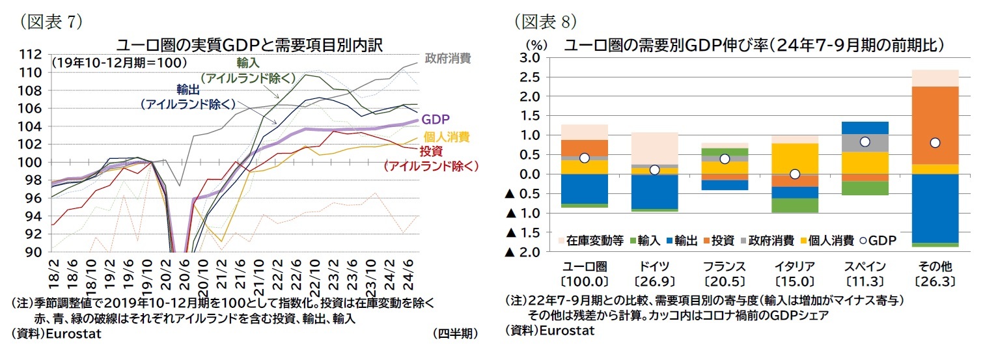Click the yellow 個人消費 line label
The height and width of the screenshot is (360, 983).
point(446,137)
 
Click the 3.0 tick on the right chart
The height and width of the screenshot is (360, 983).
point(532,58)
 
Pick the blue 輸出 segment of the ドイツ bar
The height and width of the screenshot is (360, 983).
point(654,191)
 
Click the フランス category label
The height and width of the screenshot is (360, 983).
point(725,267)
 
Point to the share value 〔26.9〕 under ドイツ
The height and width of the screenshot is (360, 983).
point(654,282)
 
